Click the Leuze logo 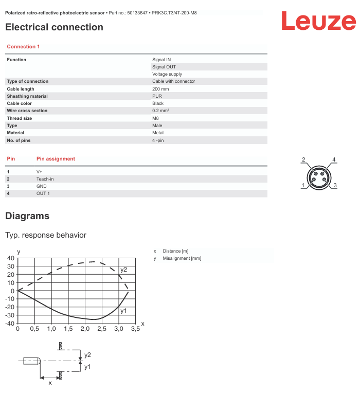click(318, 22)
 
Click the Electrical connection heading click(54, 27)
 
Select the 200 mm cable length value click(160, 89)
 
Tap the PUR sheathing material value click(157, 96)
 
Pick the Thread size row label click(19, 118)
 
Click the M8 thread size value click(155, 118)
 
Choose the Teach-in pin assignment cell click(45, 179)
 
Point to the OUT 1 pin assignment click(43, 193)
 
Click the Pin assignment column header click(56, 159)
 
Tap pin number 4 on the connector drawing click(334, 159)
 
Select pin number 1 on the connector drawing click(303, 185)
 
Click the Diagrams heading click(27, 216)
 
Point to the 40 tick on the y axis click(11, 258)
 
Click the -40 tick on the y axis click(9, 324)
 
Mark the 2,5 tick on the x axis click(102, 329)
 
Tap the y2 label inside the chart click(124, 270)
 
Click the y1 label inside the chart click(123, 311)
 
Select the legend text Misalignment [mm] click(182, 258)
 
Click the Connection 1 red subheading click(23, 47)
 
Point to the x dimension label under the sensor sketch click(50, 383)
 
